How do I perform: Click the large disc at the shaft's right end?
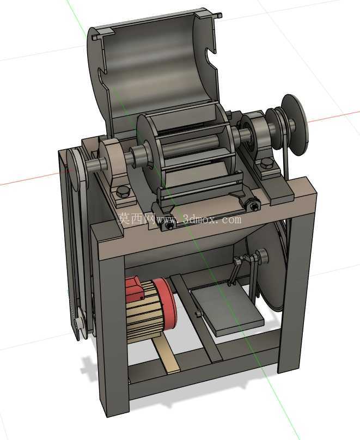(x=295, y=125)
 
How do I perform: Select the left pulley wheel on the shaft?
(x=78, y=169)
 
